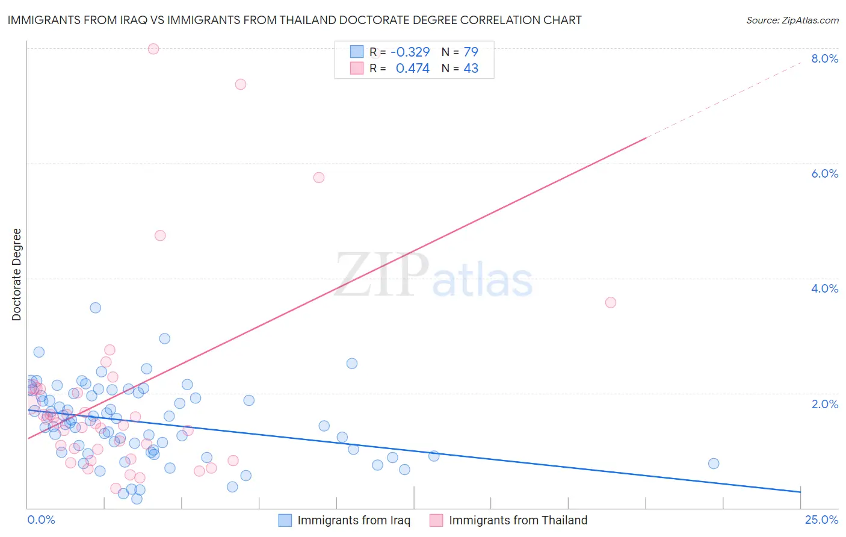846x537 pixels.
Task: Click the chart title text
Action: [x=294, y=20]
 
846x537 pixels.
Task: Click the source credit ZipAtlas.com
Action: [x=792, y=20]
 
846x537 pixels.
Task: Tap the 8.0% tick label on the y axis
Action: [x=824, y=58]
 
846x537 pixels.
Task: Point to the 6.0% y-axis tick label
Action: [x=824, y=173]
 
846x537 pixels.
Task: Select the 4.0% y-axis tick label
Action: [x=824, y=288]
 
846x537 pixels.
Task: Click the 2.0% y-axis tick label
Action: [x=824, y=404]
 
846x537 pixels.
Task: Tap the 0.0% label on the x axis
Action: [x=41, y=520]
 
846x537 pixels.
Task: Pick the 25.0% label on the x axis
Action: [x=821, y=520]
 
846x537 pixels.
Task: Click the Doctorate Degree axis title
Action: [x=16, y=275]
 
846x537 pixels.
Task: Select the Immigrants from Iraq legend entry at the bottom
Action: [x=353, y=520]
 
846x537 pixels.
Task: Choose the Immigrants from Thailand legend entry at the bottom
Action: [x=517, y=520]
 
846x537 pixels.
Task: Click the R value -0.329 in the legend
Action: [x=410, y=52]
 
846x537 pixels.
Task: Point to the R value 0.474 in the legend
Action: [x=412, y=68]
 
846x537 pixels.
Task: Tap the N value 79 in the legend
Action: [x=471, y=52]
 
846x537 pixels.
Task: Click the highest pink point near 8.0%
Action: [x=153, y=49]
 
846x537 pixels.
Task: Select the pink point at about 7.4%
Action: [x=241, y=84]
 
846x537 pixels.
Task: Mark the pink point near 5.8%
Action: [x=319, y=178]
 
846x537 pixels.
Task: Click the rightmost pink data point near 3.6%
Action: [x=611, y=302]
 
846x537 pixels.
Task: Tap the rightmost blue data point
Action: [x=714, y=464]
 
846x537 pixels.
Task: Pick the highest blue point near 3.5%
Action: [x=95, y=308]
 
